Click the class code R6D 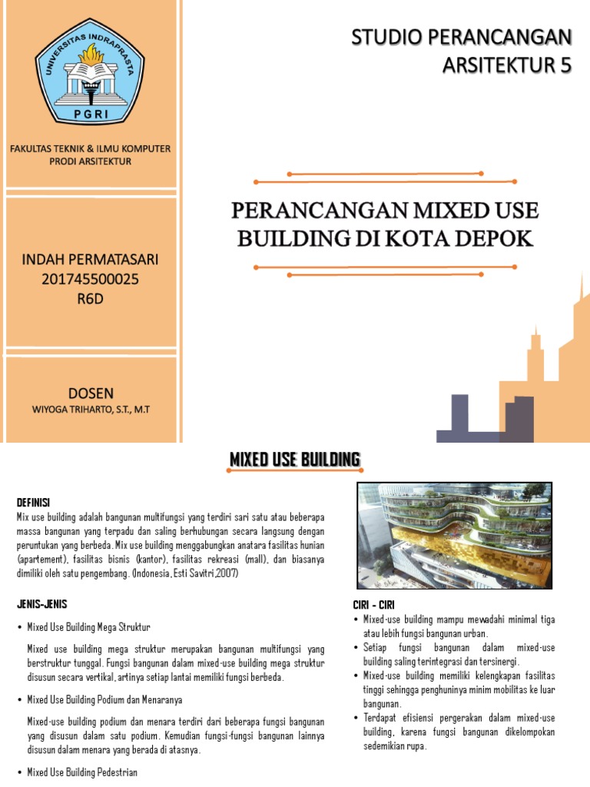tap(90, 299)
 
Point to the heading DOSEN tap(90, 393)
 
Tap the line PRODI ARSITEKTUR tap(90, 161)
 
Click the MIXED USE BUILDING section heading tap(295, 460)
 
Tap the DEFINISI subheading tap(33, 503)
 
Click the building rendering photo tap(455, 535)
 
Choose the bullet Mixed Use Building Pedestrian tap(82, 772)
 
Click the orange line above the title tap(385, 181)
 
